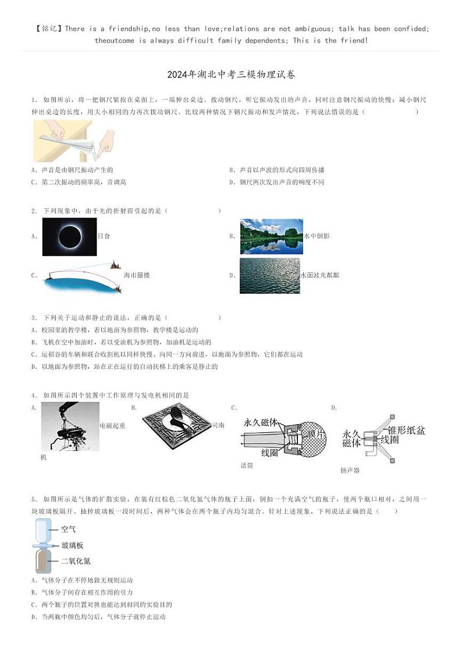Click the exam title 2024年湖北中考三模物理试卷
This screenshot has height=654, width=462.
[231, 74]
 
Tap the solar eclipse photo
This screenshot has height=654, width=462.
[69, 237]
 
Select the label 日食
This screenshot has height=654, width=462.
[104, 236]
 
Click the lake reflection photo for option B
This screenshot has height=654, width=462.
[271, 236]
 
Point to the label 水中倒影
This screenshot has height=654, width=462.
[317, 236]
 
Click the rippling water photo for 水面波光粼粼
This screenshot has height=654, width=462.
[269, 275]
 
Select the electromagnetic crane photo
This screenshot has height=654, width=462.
[70, 426]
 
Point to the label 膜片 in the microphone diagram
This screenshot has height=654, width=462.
[317, 435]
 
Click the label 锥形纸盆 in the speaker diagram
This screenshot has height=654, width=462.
[406, 431]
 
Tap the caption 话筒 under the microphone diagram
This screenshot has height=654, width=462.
[247, 465]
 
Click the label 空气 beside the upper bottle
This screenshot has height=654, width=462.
[68, 529]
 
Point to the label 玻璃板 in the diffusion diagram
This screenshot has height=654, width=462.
[72, 546]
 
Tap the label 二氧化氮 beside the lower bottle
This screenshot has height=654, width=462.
[76, 561]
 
